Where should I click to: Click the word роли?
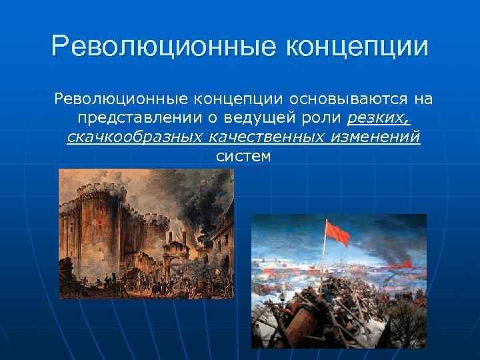pyautogui.click(x=324, y=119)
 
